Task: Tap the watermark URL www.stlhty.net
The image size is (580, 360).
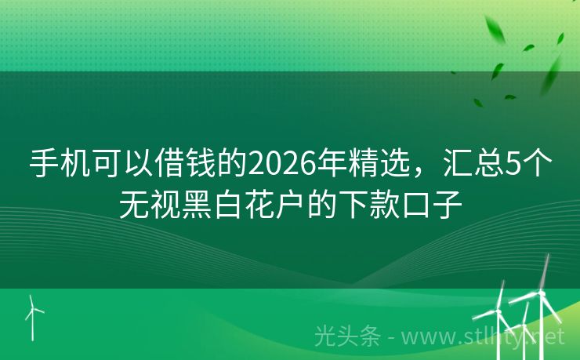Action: coord(495,336)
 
